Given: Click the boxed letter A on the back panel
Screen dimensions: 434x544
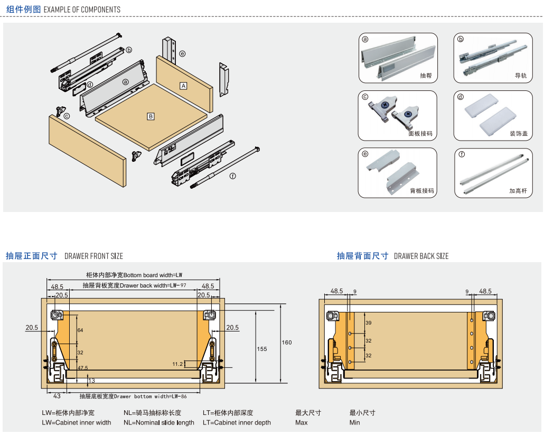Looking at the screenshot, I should click(x=183, y=86).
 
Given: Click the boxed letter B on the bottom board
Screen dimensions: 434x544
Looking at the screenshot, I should click(x=151, y=116).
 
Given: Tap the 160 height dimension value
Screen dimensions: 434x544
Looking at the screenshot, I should click(x=286, y=343).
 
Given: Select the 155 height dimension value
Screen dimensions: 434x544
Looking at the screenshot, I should click(x=262, y=349).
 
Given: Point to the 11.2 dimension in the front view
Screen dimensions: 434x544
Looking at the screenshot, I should click(x=178, y=364).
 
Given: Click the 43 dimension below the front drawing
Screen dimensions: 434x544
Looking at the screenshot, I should click(x=57, y=396).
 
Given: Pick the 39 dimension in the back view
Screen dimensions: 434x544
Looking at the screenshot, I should click(x=369, y=323).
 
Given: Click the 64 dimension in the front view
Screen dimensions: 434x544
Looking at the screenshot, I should click(x=80, y=330).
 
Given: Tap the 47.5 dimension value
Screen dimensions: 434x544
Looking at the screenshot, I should click(x=83, y=367).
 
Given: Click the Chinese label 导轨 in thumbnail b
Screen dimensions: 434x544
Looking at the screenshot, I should click(x=521, y=76).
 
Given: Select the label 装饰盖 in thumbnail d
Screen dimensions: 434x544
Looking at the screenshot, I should click(x=519, y=134).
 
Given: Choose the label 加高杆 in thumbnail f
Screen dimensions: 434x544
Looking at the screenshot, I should click(x=518, y=191).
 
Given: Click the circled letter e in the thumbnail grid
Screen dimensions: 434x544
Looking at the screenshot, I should click(x=365, y=154).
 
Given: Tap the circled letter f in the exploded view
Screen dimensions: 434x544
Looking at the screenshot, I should click(x=232, y=177).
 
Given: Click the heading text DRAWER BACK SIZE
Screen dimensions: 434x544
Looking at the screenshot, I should click(x=421, y=256).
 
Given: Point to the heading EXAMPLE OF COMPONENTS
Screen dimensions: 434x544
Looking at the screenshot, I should click(x=82, y=10).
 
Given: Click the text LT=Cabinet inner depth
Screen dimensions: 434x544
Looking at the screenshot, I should click(x=237, y=422).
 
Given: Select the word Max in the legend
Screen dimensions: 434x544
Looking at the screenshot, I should click(x=302, y=422).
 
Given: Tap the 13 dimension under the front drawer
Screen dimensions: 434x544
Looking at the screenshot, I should click(x=92, y=381).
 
